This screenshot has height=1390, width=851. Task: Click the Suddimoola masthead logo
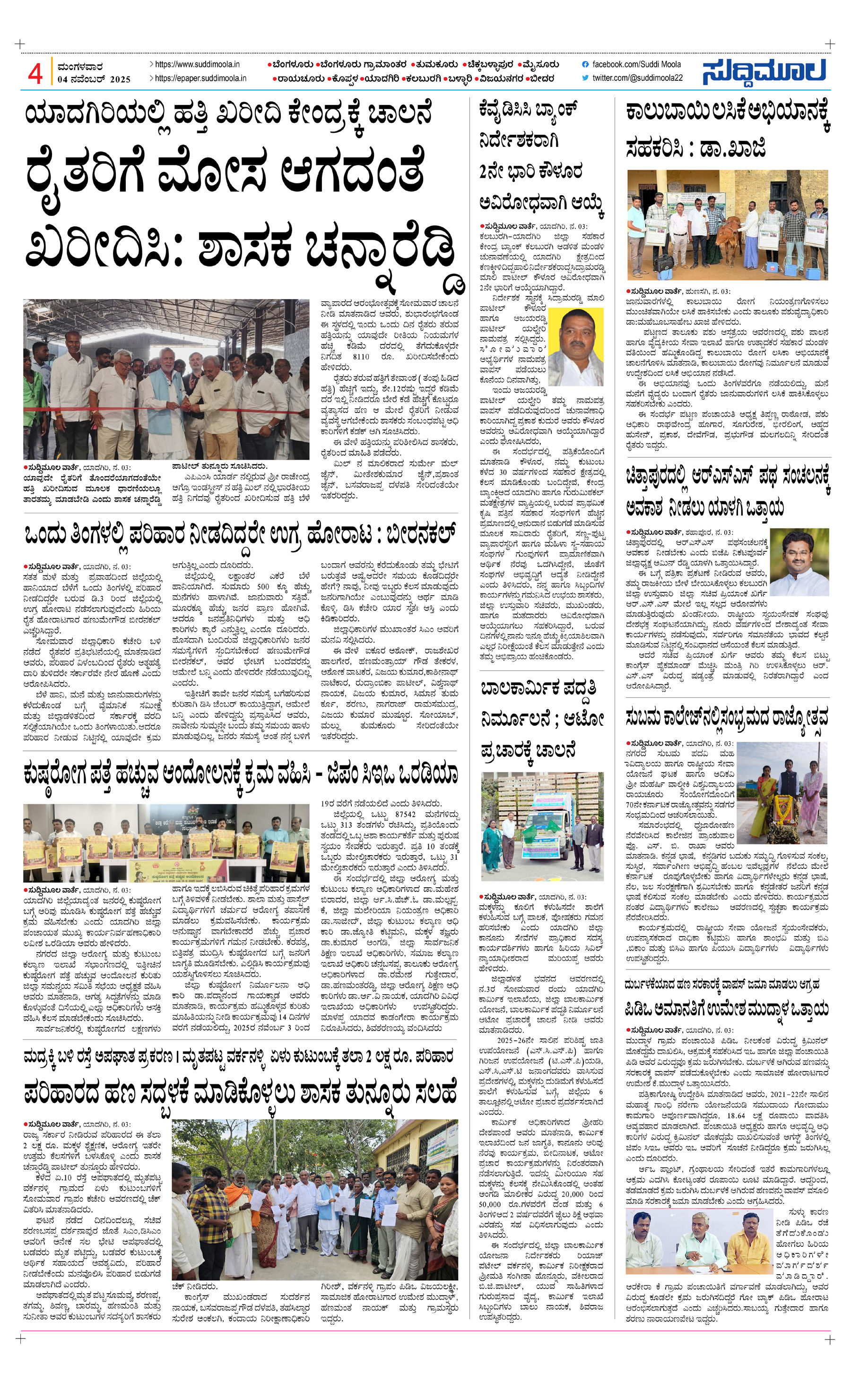tap(764, 71)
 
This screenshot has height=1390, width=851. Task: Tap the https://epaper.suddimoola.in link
tap(200, 78)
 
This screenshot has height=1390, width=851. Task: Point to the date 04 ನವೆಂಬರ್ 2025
tap(94, 79)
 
